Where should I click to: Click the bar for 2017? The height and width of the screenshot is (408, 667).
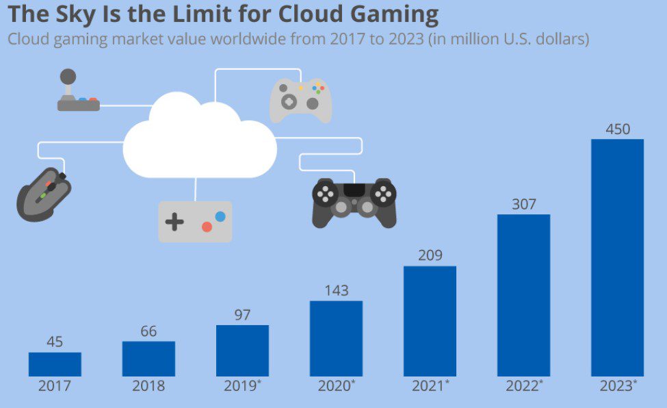pos(55,364)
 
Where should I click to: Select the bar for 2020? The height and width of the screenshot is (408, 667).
pos(336,338)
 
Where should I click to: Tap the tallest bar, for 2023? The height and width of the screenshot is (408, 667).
pos(617,257)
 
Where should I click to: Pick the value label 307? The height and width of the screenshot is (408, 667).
pos(523,204)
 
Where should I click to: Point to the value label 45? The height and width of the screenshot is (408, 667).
pos(55,342)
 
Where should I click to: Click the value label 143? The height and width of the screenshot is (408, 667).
pos(336,290)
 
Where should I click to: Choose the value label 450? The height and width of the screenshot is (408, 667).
pos(618,129)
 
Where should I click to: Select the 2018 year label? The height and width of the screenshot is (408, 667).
pos(148,386)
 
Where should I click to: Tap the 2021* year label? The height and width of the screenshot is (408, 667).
pos(430,386)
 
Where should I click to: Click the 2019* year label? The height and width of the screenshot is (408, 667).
pos(242,386)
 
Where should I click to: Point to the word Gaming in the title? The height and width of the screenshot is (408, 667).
pos(396,14)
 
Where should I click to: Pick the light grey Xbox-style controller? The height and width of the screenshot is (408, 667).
pos(301,99)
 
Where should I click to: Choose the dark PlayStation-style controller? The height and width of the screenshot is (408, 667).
pos(354,202)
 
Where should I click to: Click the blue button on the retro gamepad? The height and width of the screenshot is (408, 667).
pos(220,216)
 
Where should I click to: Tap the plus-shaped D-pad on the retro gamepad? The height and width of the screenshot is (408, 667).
pos(175,222)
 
